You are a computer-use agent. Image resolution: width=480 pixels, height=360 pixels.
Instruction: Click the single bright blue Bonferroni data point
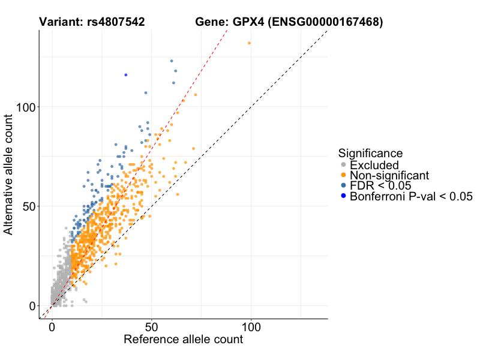coord(125,75)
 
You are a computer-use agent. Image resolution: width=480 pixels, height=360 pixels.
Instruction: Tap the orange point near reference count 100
coord(249,43)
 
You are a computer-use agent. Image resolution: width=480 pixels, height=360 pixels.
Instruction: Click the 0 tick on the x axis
coord(52,328)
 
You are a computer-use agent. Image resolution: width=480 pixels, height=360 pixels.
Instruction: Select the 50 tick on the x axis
coord(151,328)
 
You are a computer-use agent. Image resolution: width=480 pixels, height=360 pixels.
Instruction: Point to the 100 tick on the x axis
coord(251,328)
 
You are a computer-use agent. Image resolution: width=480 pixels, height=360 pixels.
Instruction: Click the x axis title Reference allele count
coord(183,340)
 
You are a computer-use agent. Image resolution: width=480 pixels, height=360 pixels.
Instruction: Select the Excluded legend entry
coord(374,164)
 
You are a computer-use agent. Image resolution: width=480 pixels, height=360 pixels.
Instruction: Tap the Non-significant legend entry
coord(389,175)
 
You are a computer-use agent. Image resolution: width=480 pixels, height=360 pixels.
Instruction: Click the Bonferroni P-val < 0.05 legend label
coord(411,196)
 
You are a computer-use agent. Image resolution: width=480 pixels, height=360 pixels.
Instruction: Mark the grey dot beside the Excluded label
coord(343,164)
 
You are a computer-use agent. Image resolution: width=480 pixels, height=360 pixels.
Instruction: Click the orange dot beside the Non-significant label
coord(343,175)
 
